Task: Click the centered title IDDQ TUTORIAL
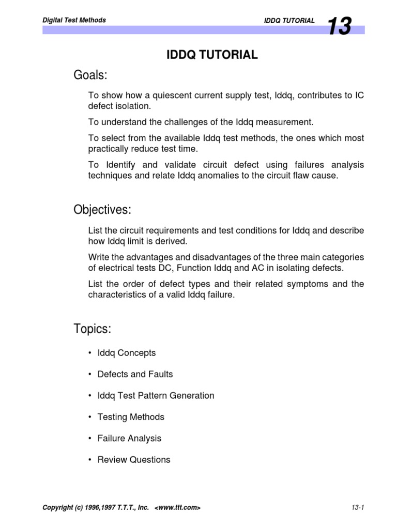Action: click(212, 55)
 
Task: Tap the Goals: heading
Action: click(90, 76)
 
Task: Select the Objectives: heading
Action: click(102, 210)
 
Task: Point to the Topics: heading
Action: click(93, 329)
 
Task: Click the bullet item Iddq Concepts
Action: click(126, 353)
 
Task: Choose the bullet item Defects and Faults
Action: click(135, 374)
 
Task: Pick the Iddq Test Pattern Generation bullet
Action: click(156, 395)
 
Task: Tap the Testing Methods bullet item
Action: click(131, 417)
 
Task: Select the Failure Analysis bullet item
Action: click(129, 438)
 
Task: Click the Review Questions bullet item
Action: click(133, 459)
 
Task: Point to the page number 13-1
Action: click(357, 508)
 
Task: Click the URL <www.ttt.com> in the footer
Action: click(177, 508)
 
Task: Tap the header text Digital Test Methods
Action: click(74, 20)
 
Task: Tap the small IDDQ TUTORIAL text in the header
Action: click(289, 21)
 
